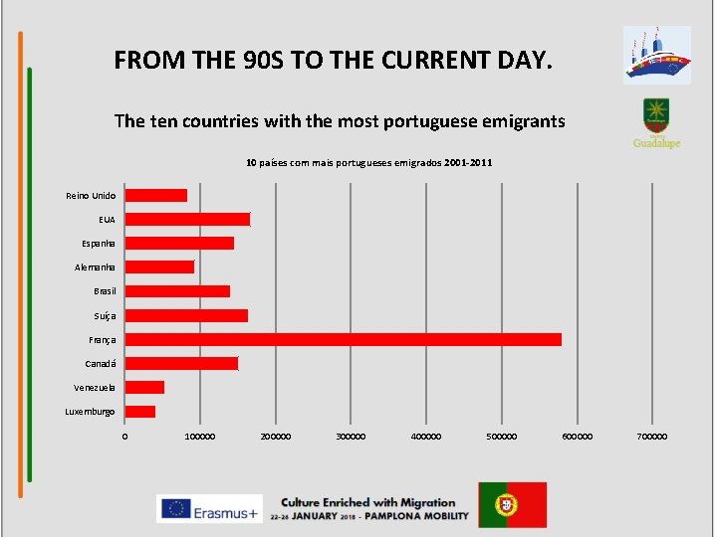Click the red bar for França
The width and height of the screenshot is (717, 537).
343,339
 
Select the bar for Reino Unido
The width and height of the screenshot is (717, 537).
155,195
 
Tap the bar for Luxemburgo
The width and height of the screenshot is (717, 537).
139,412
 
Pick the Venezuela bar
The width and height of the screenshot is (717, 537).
144,387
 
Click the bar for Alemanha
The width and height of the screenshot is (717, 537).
159,267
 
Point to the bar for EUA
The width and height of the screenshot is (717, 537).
187,219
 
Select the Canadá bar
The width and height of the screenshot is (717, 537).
181,363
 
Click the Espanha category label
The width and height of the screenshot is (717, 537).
99,244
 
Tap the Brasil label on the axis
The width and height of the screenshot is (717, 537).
105,291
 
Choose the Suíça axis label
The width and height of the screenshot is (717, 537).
105,315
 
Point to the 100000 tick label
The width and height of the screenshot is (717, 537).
199,437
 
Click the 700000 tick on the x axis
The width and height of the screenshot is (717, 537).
652,437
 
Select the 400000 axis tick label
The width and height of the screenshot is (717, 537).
426,437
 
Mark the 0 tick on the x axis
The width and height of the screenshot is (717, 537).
124,437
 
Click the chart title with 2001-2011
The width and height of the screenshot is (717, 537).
368,162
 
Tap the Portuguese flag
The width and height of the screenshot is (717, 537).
512,504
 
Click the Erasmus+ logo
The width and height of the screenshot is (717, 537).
209,508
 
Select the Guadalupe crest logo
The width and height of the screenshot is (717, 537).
656,122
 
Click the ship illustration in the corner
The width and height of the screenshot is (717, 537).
656,55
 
